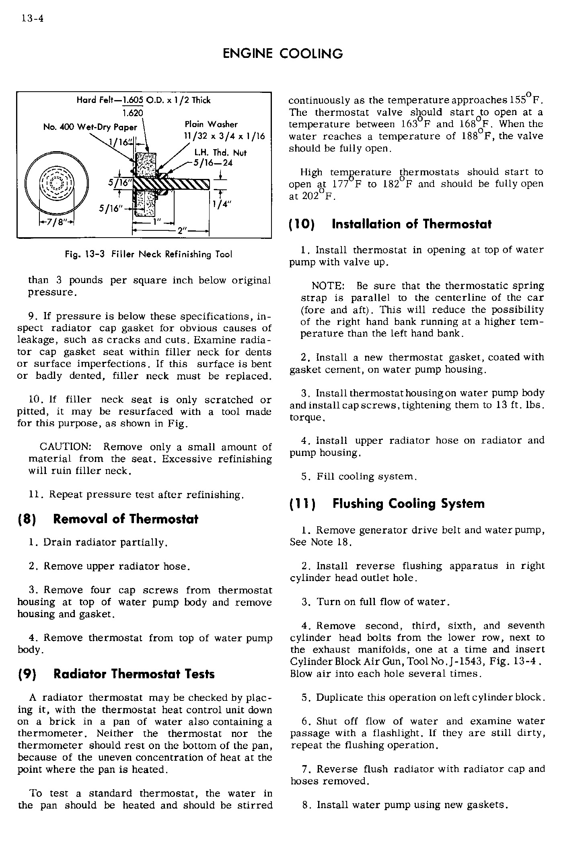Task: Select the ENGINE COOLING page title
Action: tap(283, 53)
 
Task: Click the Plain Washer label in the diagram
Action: tap(211, 125)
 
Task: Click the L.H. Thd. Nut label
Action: tap(220, 153)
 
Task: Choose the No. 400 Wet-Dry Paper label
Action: tap(90, 127)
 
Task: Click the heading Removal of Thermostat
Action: tap(125, 519)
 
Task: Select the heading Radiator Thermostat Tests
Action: tap(134, 674)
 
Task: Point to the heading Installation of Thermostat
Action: tap(411, 224)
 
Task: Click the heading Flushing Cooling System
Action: tap(408, 504)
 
